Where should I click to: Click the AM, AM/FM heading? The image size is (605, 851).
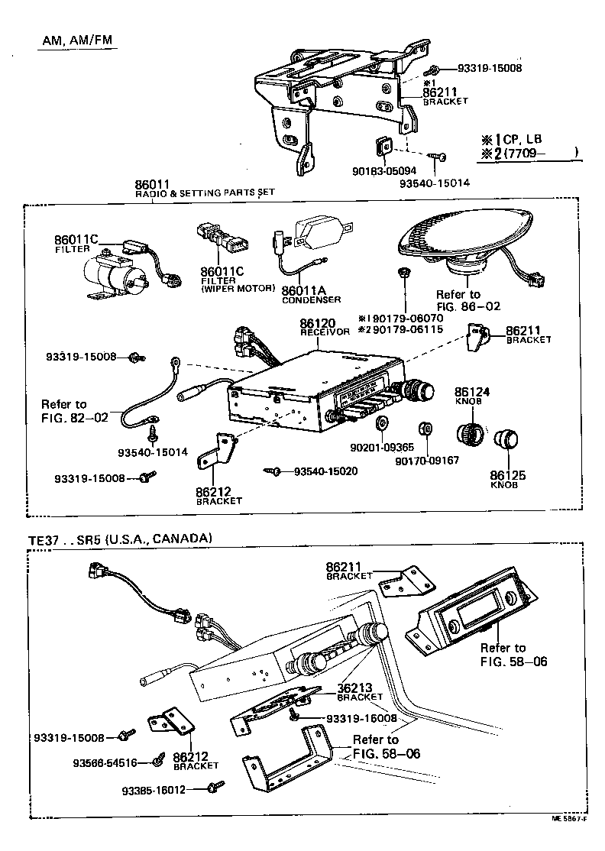click(x=76, y=40)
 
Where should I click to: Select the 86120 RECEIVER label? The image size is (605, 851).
click(x=324, y=327)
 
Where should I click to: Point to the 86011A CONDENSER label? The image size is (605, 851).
click(x=310, y=294)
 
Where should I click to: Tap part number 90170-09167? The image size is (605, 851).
click(x=426, y=460)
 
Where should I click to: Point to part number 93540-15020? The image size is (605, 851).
click(x=325, y=471)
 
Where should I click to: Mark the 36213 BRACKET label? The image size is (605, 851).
click(x=359, y=691)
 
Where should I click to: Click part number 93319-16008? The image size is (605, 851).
click(x=361, y=718)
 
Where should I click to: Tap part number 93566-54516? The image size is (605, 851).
click(x=105, y=762)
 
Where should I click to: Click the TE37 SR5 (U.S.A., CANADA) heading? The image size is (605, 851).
click(x=119, y=538)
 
